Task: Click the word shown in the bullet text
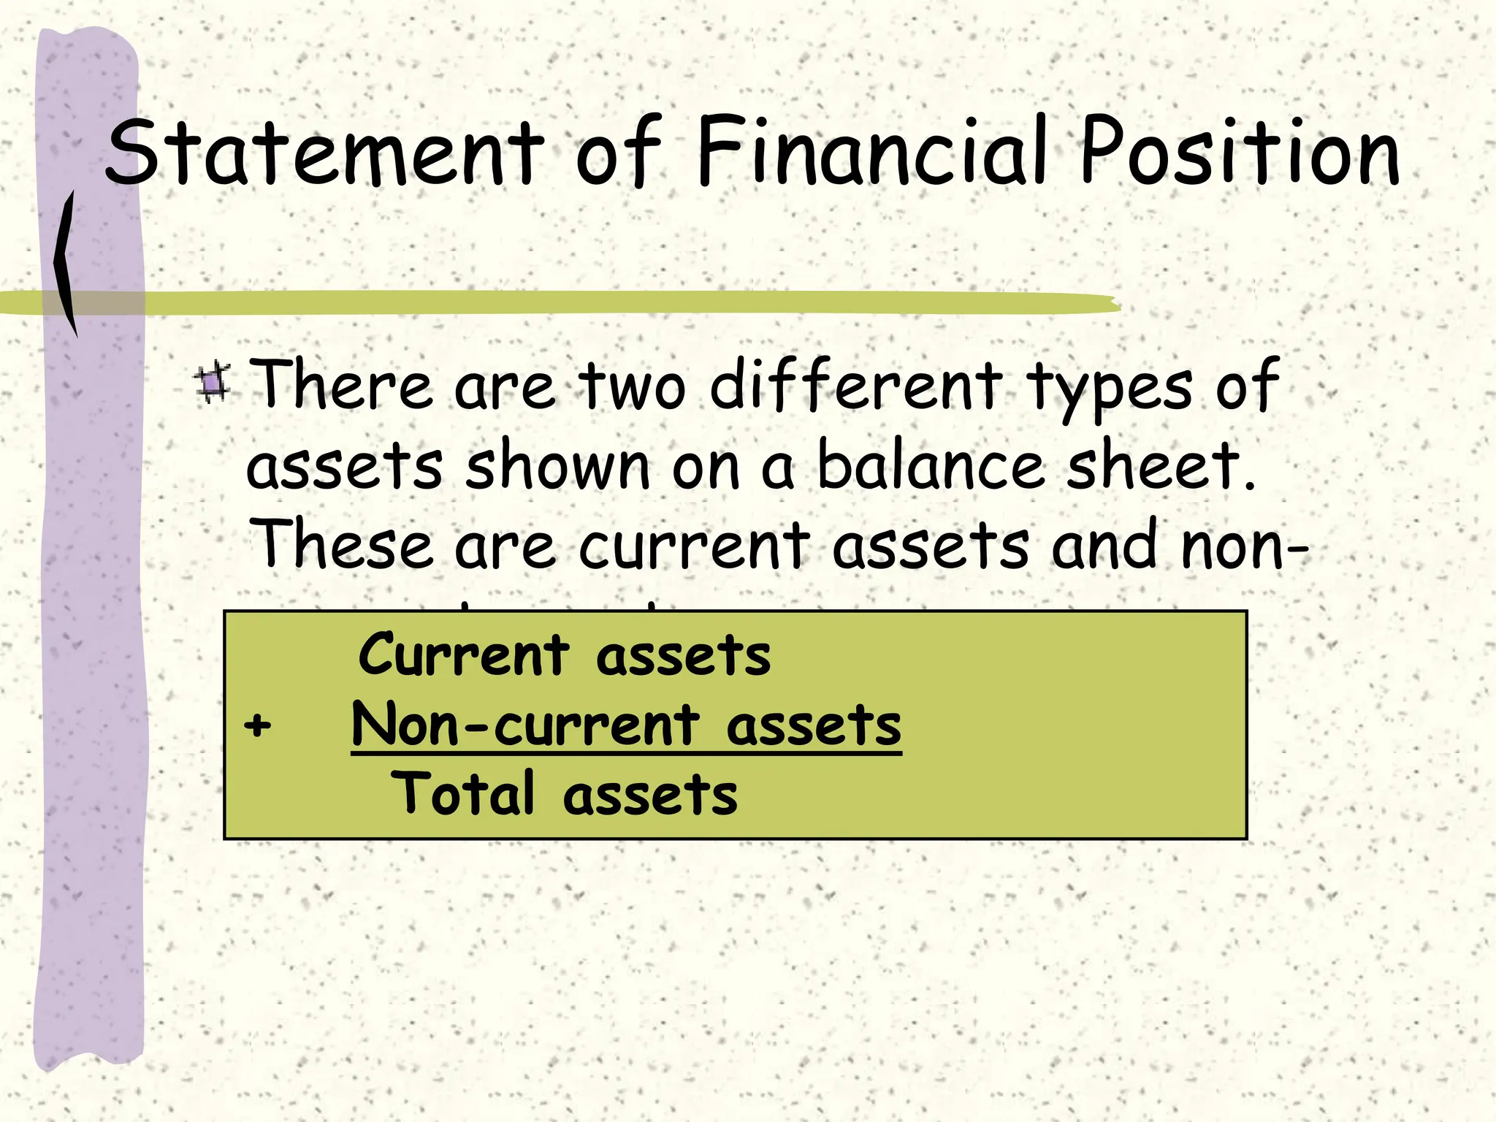557,465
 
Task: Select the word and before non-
1104,545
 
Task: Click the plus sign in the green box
257,726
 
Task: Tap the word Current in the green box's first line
463,654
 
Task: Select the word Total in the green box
463,794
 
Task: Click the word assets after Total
650,795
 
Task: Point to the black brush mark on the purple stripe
66,263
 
